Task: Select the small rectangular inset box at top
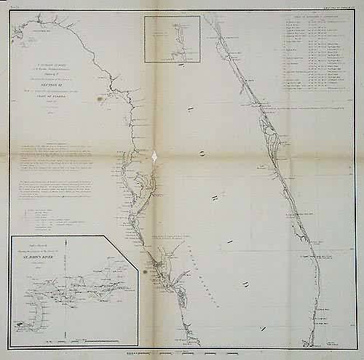point(173,39)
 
